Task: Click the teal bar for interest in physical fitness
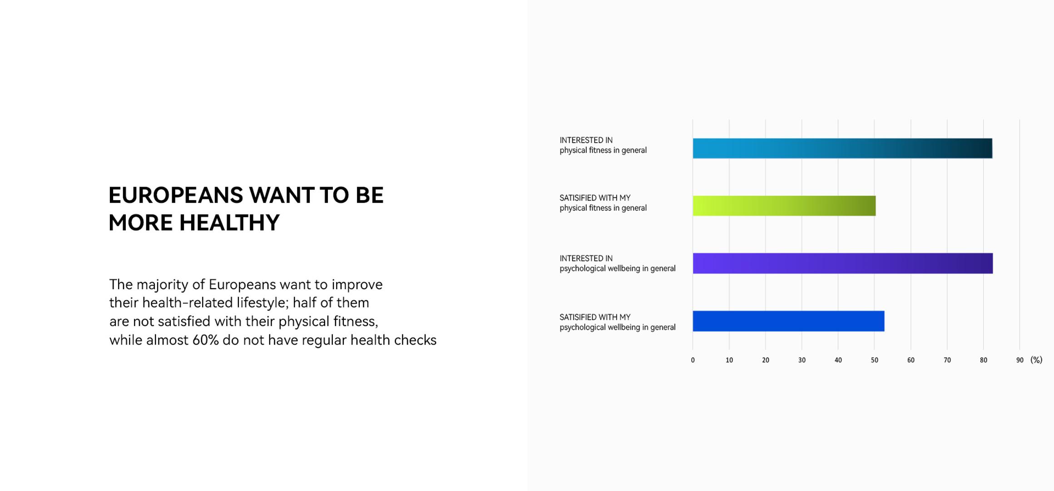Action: click(x=842, y=148)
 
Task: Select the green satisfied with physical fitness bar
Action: click(x=784, y=205)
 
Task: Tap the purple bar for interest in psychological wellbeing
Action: click(x=843, y=263)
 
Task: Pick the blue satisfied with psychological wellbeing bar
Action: click(x=788, y=321)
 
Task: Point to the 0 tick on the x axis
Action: click(x=693, y=360)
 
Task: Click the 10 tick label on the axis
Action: click(x=729, y=360)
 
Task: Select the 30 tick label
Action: click(x=802, y=360)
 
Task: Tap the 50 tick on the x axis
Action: click(x=874, y=360)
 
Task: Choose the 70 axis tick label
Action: click(x=947, y=360)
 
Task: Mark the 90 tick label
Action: click(x=1019, y=360)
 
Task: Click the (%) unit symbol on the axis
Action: click(x=1036, y=360)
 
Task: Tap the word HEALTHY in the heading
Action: click(x=229, y=223)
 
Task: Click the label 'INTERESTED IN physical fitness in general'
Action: click(x=603, y=145)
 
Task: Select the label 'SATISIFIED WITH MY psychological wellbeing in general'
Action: click(x=618, y=322)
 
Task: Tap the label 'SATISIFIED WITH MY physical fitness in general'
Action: click(x=603, y=203)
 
